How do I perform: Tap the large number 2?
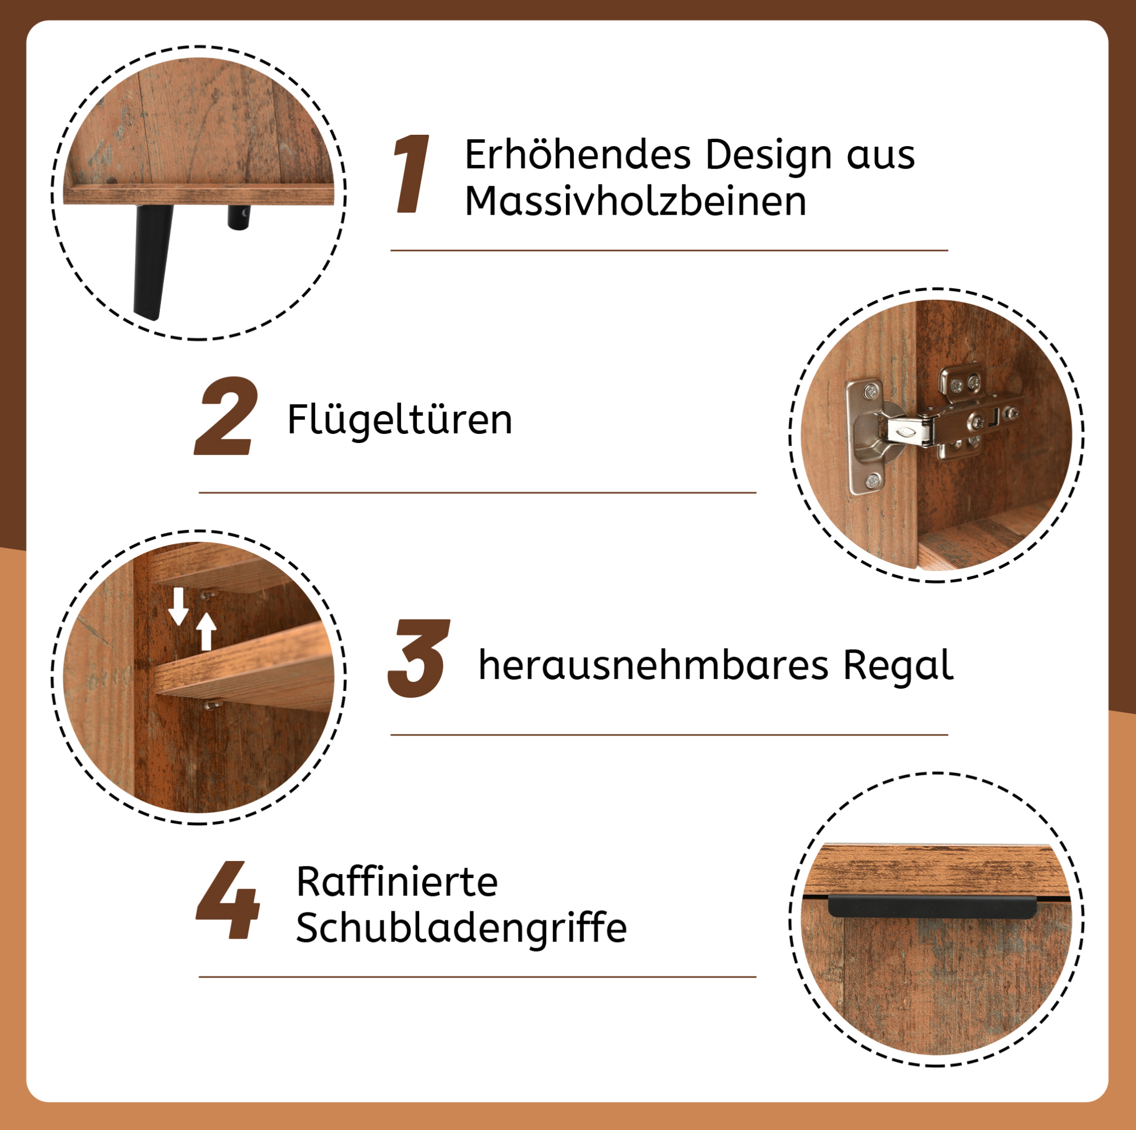226,416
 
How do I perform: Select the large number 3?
419,658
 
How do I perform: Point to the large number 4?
227,900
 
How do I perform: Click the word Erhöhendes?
577,155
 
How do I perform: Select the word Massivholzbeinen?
636,202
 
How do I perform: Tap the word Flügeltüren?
400,420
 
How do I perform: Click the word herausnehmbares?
653,665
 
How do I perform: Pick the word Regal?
898,666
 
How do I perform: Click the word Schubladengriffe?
461,928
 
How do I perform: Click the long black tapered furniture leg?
152,262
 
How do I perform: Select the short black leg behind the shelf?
239,217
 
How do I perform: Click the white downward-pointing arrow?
179,606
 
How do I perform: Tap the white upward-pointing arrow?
206,632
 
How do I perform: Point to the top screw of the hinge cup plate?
871,389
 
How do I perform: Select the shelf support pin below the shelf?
211,703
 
